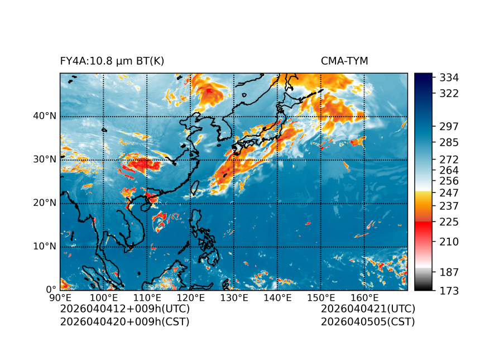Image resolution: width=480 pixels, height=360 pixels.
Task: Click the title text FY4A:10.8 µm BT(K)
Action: [x=112, y=61]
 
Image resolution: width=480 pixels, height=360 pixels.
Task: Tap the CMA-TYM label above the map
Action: [x=344, y=61]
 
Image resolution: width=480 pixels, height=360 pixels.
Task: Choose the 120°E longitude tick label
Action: [x=190, y=298]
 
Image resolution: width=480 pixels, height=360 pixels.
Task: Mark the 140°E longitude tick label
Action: [x=277, y=298]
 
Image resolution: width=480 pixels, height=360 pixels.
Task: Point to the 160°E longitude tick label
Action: [x=364, y=298]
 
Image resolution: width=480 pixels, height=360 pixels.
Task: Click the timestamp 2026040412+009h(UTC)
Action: [x=124, y=309]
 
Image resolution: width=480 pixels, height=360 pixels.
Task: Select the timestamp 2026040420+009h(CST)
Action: [x=124, y=321]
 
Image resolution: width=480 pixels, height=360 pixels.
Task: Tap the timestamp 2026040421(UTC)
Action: [x=368, y=309]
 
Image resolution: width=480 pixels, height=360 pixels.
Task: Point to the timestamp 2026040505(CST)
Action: [x=368, y=321]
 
